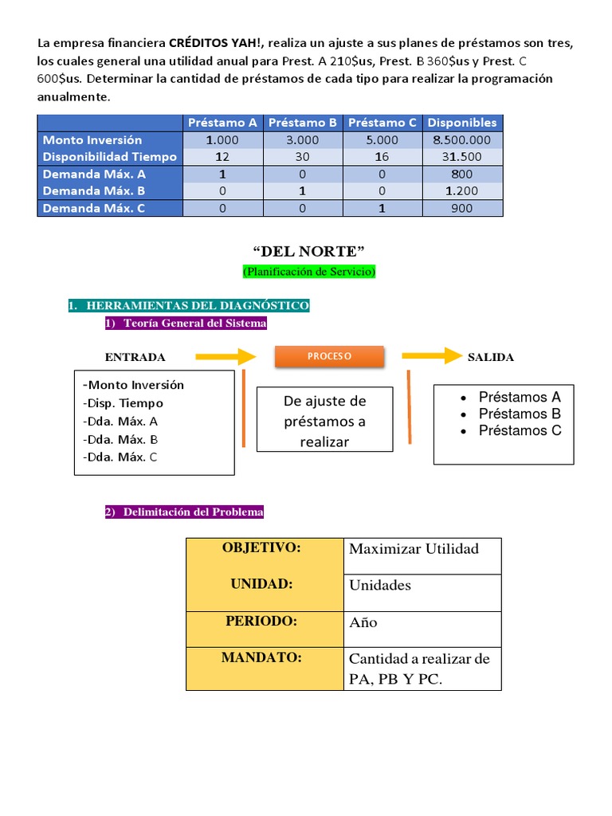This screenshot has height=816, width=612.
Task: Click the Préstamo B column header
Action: (x=303, y=123)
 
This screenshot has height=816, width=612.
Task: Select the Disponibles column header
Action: (x=462, y=123)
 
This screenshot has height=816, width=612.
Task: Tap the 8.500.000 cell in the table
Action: (x=462, y=140)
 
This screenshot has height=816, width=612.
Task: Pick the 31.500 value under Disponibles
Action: (x=462, y=157)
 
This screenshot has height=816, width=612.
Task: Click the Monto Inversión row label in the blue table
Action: (x=92, y=140)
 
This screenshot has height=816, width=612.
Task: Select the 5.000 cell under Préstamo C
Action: (x=382, y=140)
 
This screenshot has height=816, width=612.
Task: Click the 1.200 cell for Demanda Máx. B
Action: (x=462, y=191)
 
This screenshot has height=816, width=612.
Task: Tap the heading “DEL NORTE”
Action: (x=308, y=253)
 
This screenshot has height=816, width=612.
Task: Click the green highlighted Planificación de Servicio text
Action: (x=308, y=272)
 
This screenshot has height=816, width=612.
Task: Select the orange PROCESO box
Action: (x=329, y=356)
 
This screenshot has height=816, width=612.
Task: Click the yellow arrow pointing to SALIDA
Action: (x=431, y=355)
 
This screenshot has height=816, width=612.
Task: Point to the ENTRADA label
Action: (x=135, y=357)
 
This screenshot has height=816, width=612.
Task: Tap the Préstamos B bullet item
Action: (x=520, y=414)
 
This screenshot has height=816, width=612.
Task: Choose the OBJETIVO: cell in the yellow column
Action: (x=261, y=548)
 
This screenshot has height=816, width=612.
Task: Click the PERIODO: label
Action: (x=261, y=622)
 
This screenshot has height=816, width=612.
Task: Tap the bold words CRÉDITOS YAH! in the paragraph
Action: (x=218, y=43)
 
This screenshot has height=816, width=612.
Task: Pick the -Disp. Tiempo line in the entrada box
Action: (x=123, y=403)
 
